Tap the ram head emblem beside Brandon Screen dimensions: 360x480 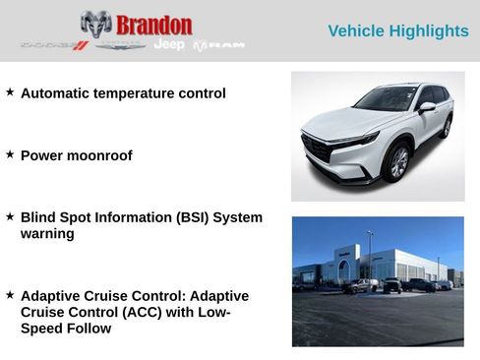point(95,25)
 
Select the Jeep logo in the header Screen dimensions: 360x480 point(169,45)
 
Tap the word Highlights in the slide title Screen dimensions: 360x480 point(430,31)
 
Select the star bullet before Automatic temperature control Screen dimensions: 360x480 point(10,92)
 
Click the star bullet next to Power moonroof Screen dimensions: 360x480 point(10,154)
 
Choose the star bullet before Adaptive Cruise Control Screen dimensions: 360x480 point(10,294)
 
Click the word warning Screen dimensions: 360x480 point(47,234)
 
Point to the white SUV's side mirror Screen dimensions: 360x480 point(426,106)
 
